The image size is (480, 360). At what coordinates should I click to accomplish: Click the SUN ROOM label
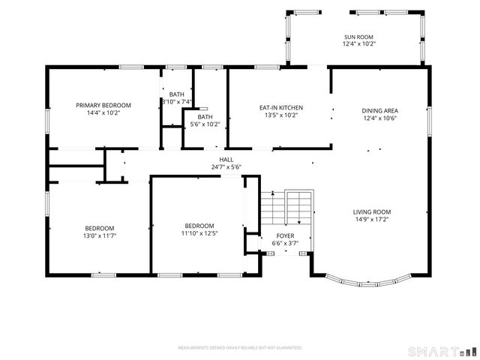[x=358, y=37]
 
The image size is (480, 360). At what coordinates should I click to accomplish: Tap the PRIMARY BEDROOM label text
[x=103, y=105]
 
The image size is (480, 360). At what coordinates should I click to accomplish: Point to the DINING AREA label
[x=379, y=110]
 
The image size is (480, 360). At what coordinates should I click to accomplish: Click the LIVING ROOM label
[x=373, y=212]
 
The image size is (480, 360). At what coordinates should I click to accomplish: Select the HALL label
[x=226, y=160]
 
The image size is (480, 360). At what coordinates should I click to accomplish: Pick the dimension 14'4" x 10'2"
[x=103, y=112]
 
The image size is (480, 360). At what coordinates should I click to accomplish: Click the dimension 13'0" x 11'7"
[x=99, y=235]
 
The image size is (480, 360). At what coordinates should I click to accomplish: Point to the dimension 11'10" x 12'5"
[x=199, y=233]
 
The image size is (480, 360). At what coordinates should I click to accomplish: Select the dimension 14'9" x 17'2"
[x=373, y=220]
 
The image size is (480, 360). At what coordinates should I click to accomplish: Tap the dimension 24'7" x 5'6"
[x=226, y=167]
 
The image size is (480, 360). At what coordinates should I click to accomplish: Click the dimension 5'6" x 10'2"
[x=205, y=124]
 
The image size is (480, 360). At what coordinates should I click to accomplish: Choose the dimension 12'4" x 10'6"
[x=379, y=118]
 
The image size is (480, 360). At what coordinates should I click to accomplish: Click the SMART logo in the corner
[x=441, y=351]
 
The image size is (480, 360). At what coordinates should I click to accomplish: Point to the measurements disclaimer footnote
[x=239, y=348]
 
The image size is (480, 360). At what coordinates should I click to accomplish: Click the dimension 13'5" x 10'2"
[x=276, y=115]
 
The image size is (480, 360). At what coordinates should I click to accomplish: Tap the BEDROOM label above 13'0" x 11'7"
[x=99, y=228]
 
